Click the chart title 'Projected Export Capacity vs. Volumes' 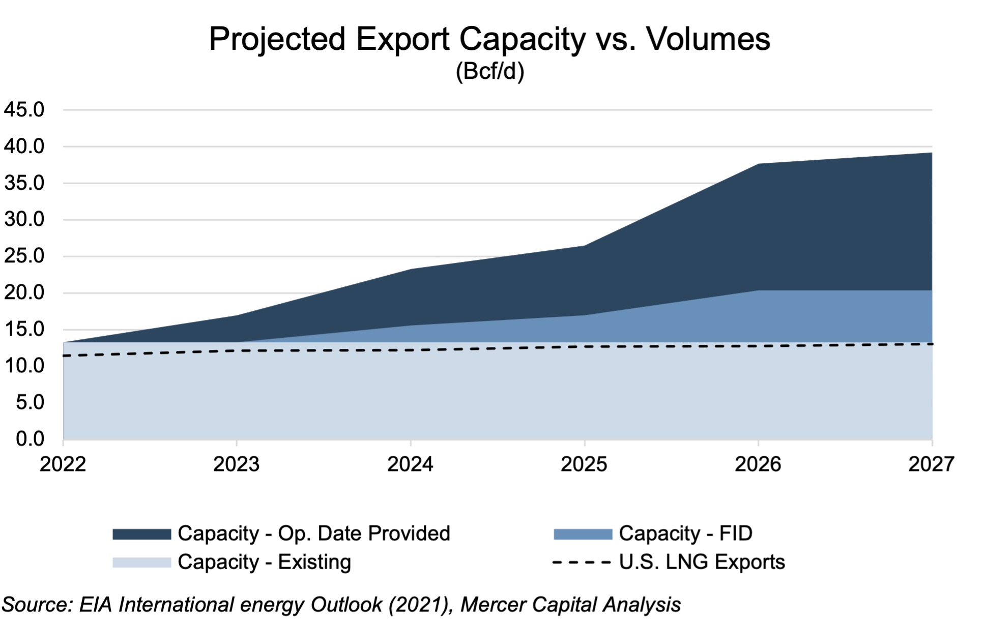489,39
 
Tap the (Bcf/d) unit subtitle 489,71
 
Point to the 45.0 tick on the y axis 24,110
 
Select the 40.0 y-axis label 24,146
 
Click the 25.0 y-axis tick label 24,256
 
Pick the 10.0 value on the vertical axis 24,366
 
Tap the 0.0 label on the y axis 30,438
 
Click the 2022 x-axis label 63,464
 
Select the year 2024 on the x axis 410,464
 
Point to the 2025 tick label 584,464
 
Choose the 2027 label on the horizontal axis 931,464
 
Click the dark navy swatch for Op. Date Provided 141,534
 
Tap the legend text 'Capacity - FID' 685,534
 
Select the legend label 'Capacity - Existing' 264,562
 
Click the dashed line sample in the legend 582,563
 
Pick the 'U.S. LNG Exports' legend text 702,562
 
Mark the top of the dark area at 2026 758,164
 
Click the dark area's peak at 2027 931,153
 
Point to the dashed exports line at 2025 584,346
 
